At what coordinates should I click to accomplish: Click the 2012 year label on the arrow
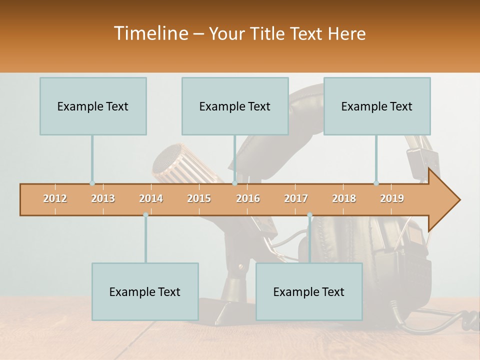click(x=55, y=198)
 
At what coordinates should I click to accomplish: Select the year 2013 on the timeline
click(x=103, y=198)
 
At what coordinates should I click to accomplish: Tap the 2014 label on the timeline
click(x=151, y=198)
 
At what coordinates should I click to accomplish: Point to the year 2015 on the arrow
click(x=199, y=198)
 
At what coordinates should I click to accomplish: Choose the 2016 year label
click(x=248, y=198)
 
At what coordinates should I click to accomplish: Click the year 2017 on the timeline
click(x=296, y=198)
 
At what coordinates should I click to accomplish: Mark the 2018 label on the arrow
click(x=344, y=198)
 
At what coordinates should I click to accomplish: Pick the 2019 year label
click(x=392, y=198)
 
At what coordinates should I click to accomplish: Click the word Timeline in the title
click(x=150, y=33)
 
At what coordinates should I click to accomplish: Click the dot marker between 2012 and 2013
click(x=92, y=183)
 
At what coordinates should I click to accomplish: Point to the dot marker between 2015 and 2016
click(x=234, y=183)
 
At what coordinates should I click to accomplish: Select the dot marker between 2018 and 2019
click(x=376, y=183)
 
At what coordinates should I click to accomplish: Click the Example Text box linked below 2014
click(x=145, y=291)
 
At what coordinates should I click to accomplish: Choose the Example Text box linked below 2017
click(x=309, y=291)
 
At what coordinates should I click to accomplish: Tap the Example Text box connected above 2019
click(x=377, y=106)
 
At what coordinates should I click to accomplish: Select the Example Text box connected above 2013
click(x=93, y=106)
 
